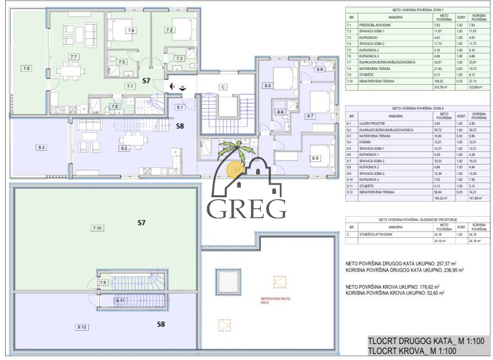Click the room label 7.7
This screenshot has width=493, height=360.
pos(73,57)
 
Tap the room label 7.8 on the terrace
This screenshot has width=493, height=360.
pos(26,68)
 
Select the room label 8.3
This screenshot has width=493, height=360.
pos(41,147)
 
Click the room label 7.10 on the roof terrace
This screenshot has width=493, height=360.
pos(97,228)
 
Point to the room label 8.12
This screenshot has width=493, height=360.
pos(82,327)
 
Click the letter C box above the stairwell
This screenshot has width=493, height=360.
pos(222,88)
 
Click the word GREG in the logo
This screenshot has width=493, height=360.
pos(247,209)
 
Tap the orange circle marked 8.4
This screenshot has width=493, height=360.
pos(236,170)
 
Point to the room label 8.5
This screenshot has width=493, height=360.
pos(268,85)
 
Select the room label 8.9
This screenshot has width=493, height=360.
pos(315,158)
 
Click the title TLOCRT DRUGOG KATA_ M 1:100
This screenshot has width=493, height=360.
pos(426,342)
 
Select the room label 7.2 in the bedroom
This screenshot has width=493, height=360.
pos(170,30)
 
